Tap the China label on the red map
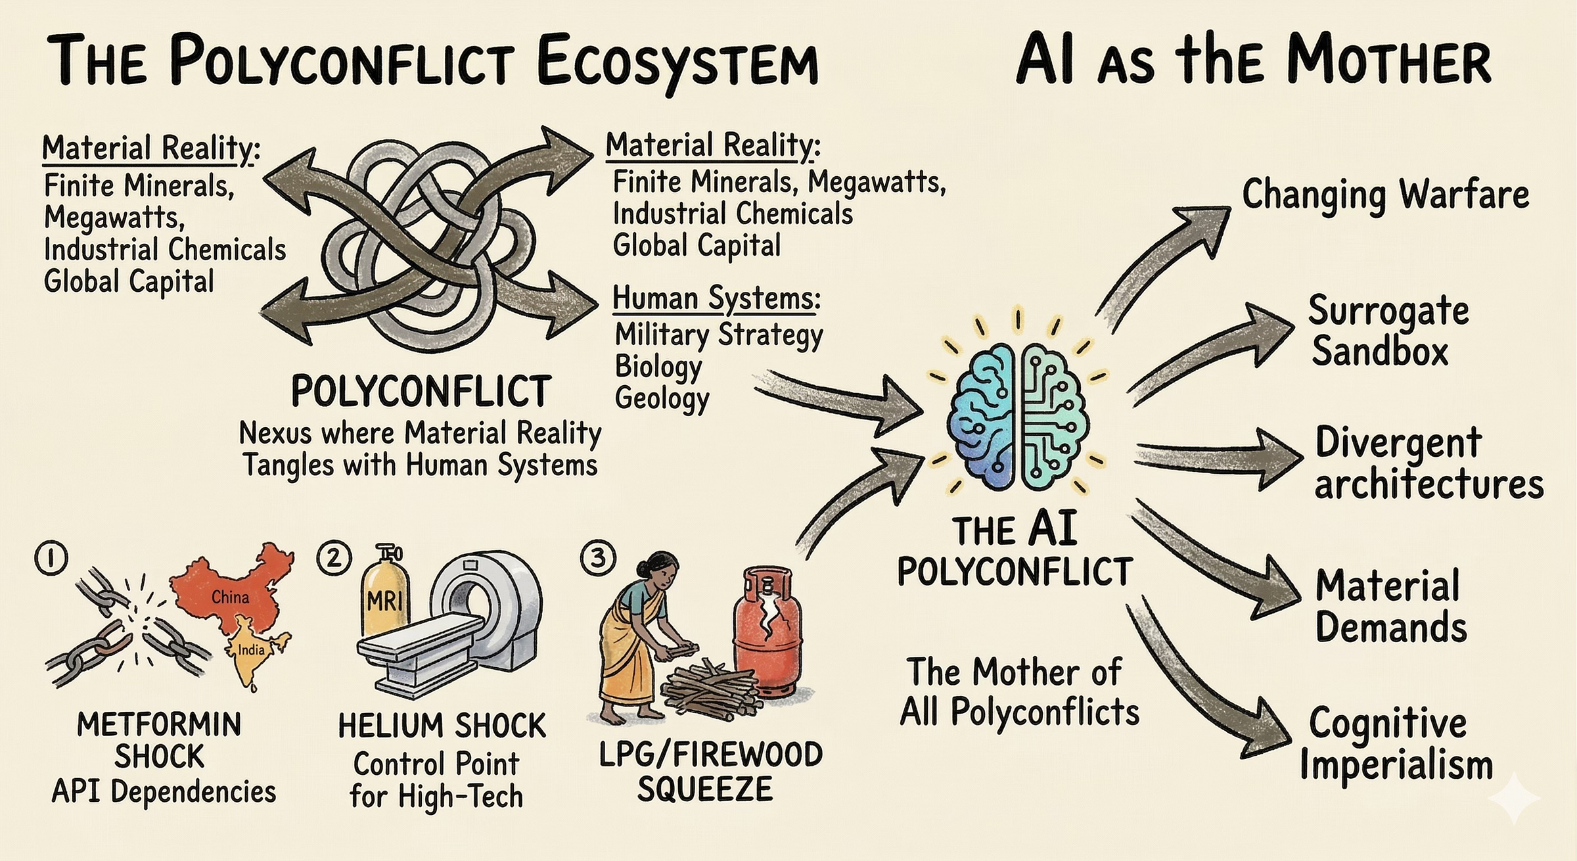coord(230,597)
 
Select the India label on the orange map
coord(251,649)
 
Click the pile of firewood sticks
coord(710,690)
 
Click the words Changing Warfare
coord(1385,195)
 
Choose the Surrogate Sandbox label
coord(1386,330)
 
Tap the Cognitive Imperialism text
coord(1393,744)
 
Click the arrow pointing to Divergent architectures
coord(1216,457)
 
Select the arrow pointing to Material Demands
coord(1216,559)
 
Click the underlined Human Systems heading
coord(716,298)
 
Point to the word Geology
coord(662,398)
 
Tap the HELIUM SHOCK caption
coord(442,726)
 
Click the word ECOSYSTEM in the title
coord(677,62)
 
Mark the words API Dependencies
coord(164,792)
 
